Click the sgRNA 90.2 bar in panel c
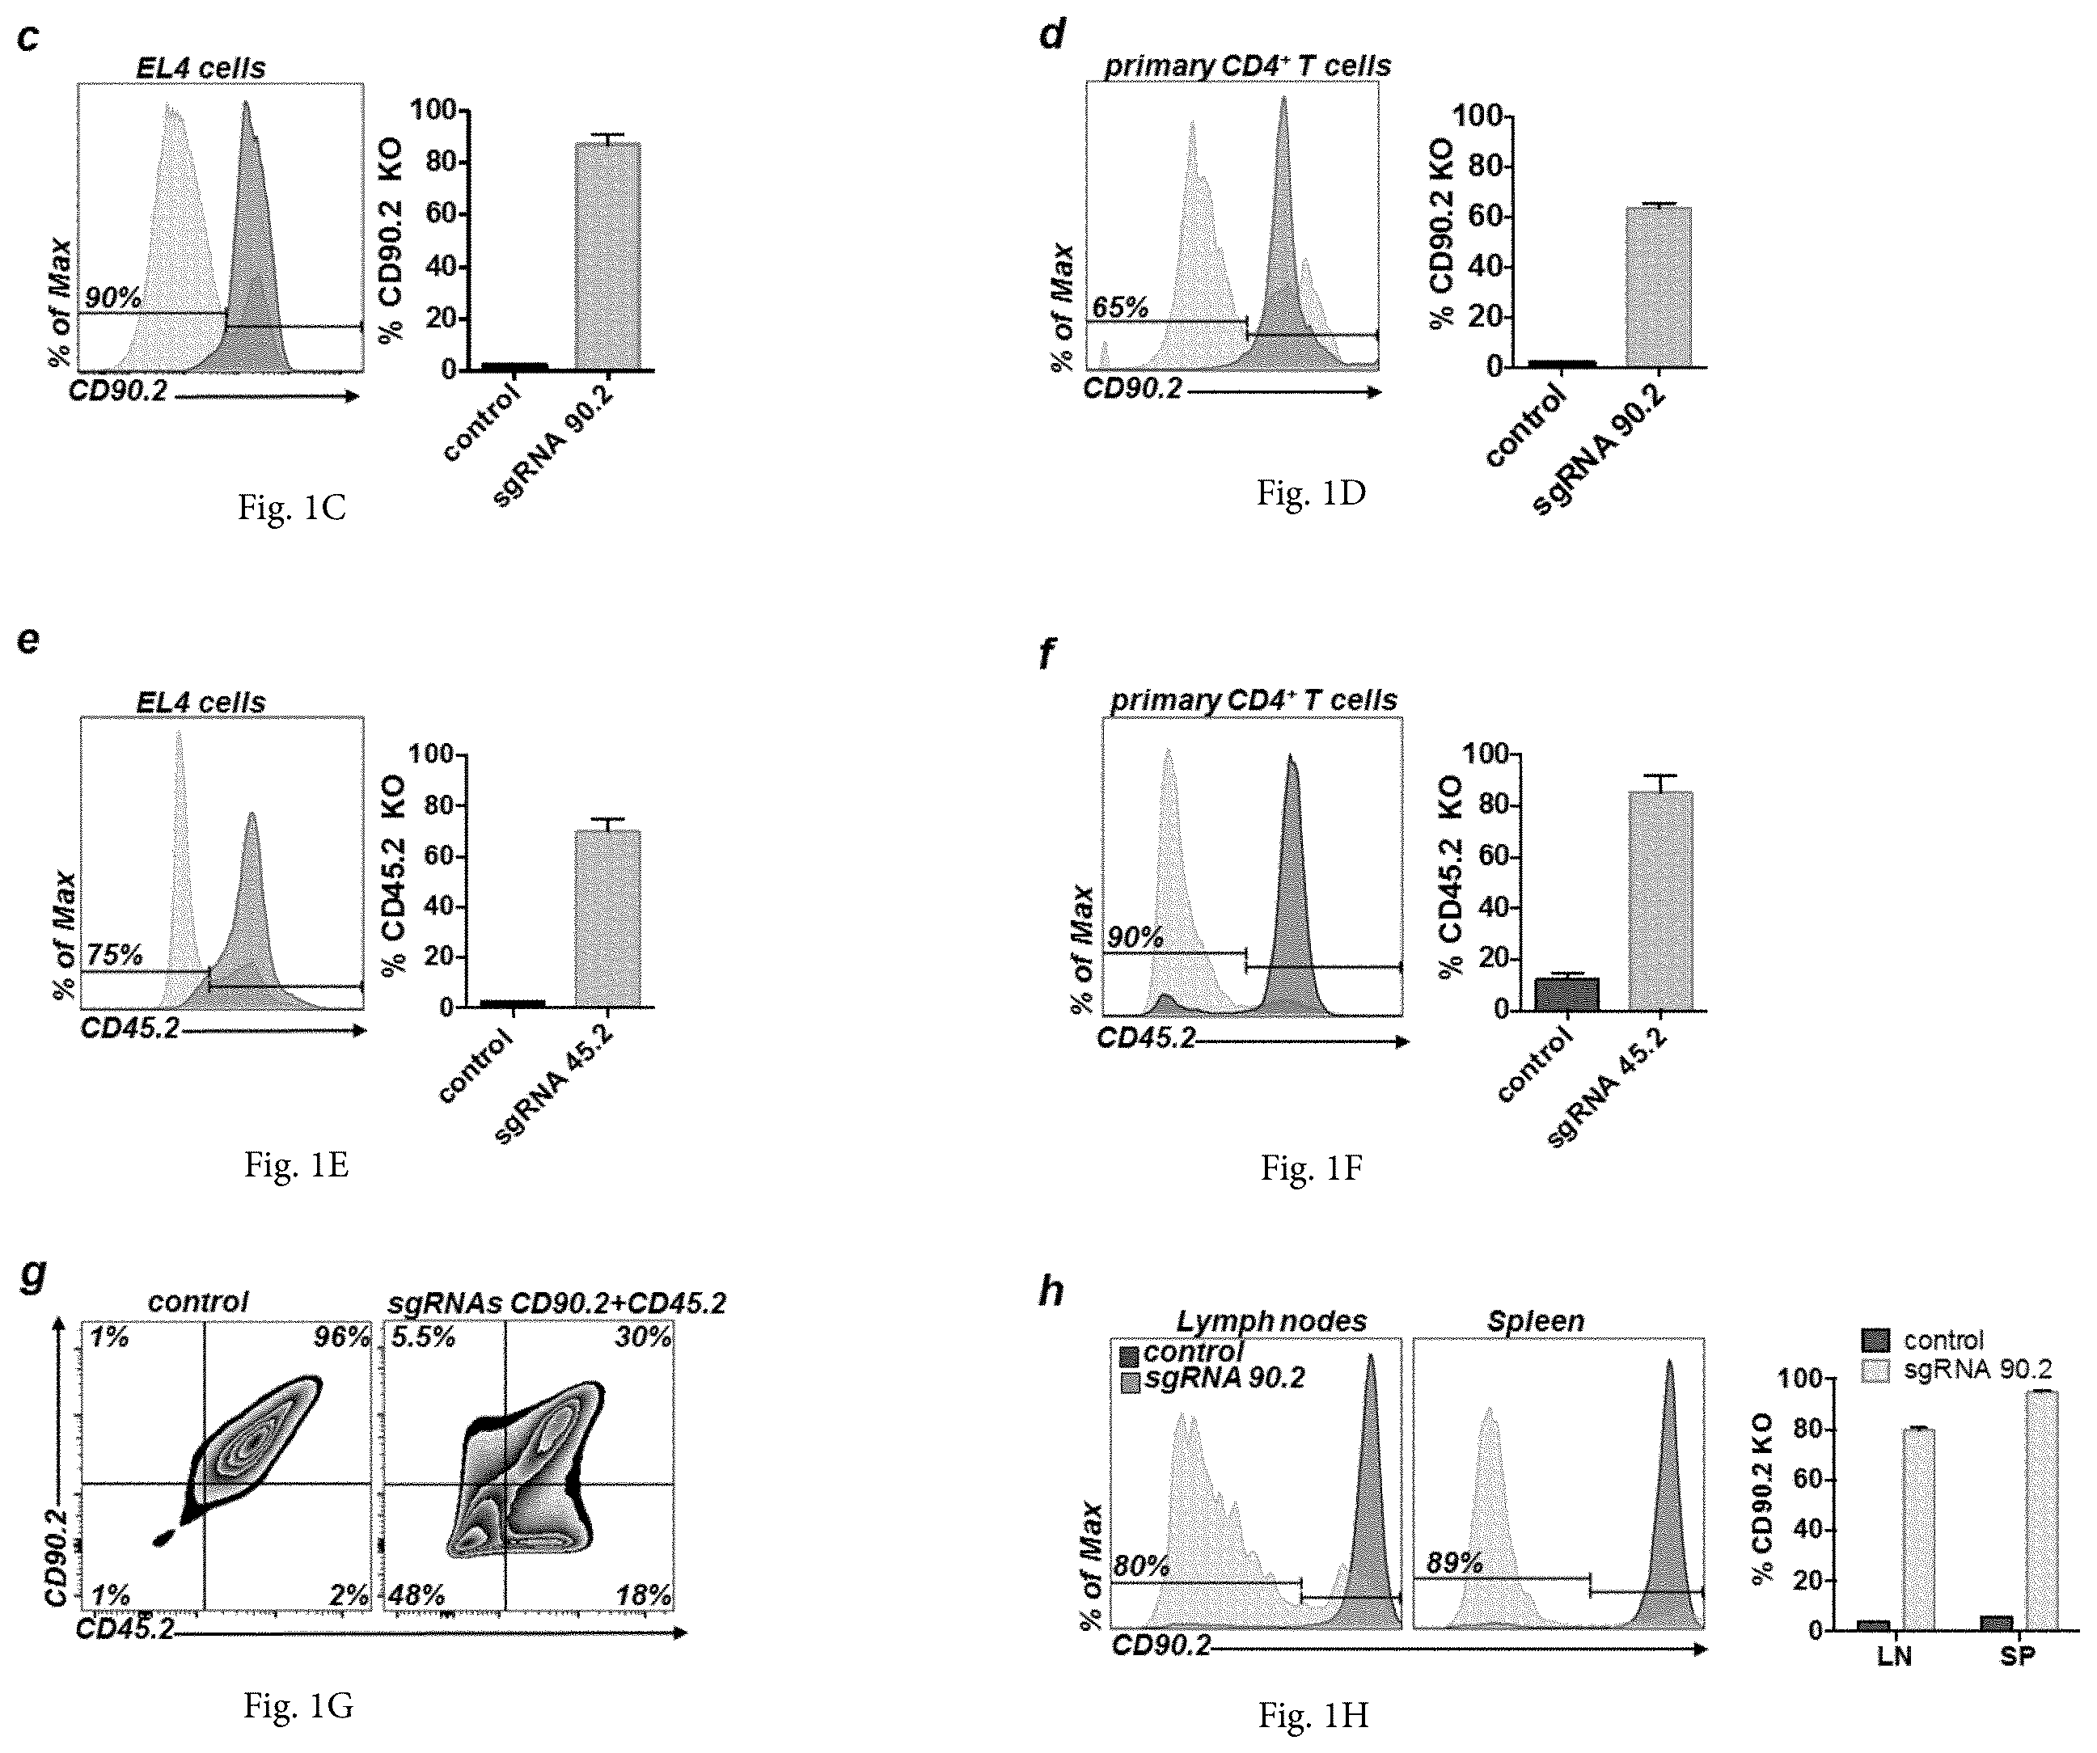coord(607,256)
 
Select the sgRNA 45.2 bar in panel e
coord(607,919)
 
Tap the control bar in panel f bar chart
coord(1566,995)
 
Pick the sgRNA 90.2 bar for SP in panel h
coord(2042,1511)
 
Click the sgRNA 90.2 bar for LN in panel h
coord(1919,1531)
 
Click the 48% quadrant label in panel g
coord(416,1595)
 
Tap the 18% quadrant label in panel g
coord(644,1595)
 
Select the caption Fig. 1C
coord(292,508)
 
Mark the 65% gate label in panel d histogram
coord(1120,307)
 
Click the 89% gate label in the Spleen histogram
coord(1454,1563)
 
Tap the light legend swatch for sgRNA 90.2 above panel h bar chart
coord(1876,1371)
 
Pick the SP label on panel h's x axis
coord(2016,1657)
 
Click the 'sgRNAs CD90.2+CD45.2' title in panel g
coord(557,1303)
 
